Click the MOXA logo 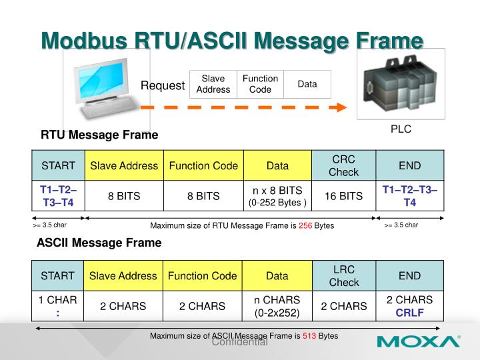[418, 342]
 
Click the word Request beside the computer [162, 85]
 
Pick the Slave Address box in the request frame [213, 84]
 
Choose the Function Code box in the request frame [260, 84]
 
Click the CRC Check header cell [343, 165]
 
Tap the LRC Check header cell [343, 275]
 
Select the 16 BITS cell [343, 196]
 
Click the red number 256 [306, 226]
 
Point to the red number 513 [309, 336]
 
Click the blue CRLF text [409, 312]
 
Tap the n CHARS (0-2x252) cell [277, 306]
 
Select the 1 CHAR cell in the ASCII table [58, 306]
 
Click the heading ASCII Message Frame [99, 243]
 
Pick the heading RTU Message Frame [99, 135]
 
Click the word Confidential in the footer [239, 343]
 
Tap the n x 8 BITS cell [277, 196]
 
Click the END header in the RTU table [409, 165]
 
